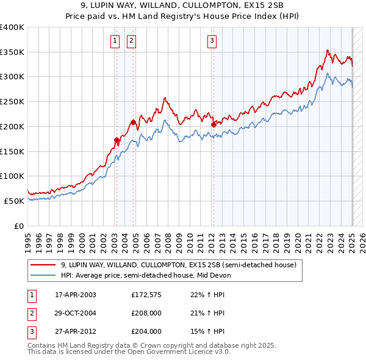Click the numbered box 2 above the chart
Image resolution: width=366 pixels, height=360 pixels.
(131, 41)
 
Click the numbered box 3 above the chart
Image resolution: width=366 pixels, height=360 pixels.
(212, 41)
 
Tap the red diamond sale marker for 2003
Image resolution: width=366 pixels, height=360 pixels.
(117, 140)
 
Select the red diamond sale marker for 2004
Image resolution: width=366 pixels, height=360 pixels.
(133, 122)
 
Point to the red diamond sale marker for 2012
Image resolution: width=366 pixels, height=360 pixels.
(213, 124)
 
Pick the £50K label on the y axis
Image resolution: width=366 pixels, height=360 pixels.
(15, 201)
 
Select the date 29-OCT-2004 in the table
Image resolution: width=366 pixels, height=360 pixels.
(75, 313)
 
